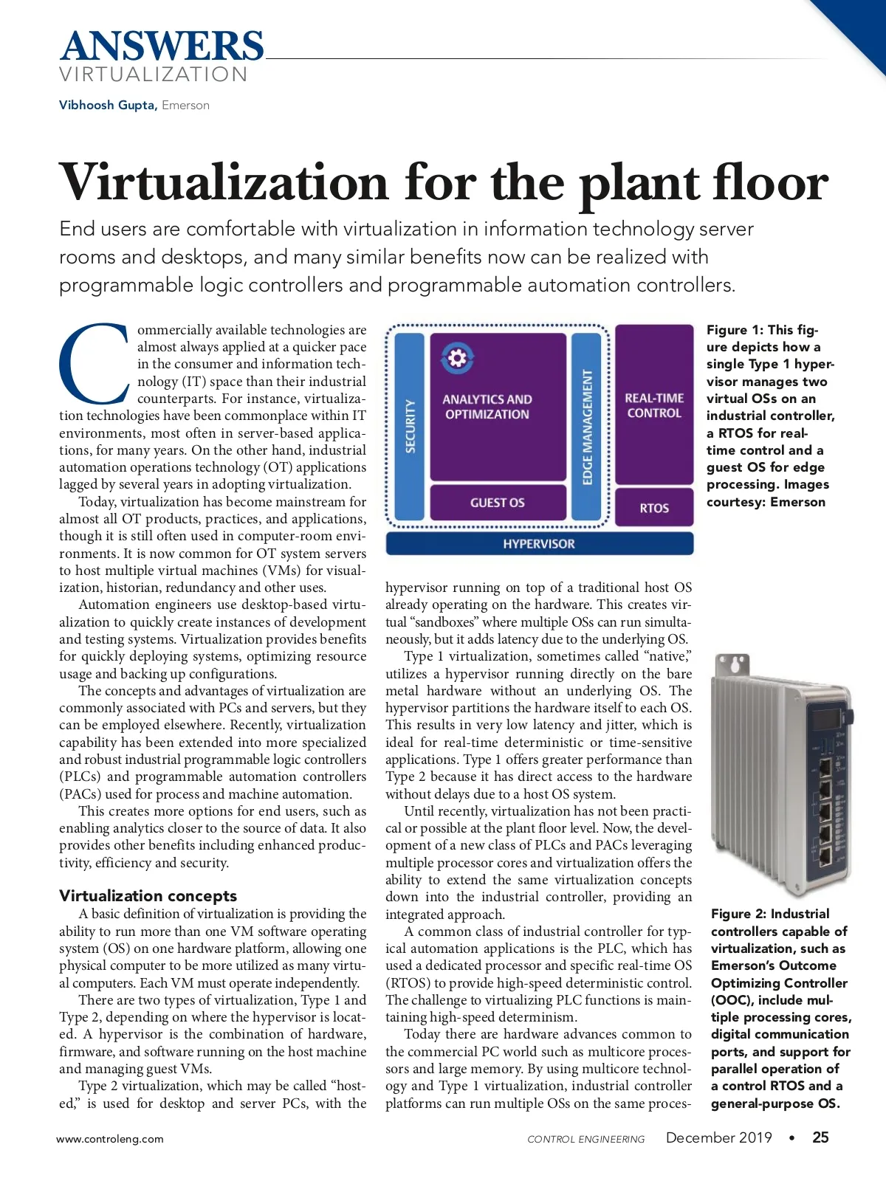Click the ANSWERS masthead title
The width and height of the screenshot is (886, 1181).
tap(162, 47)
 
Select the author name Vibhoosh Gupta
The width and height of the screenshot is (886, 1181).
tap(107, 105)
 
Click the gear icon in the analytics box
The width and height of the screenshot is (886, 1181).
tap(457, 359)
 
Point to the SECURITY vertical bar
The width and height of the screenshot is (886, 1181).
tap(410, 426)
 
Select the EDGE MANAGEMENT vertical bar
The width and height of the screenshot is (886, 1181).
tap(588, 426)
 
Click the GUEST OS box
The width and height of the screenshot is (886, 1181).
tap(498, 503)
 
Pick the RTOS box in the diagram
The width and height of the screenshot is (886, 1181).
tap(654, 508)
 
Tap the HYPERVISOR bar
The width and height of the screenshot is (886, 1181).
tap(539, 544)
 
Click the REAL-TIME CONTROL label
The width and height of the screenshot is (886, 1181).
tap(654, 405)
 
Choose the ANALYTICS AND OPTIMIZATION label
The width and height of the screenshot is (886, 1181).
tap(487, 407)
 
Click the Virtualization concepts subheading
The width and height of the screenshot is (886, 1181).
tap(148, 895)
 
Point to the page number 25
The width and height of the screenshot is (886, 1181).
tap(820, 1137)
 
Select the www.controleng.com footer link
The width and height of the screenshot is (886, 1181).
tap(110, 1139)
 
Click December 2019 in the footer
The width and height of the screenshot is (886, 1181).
tap(718, 1137)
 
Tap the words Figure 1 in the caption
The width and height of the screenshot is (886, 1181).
tap(734, 330)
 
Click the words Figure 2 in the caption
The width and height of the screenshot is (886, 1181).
tap(738, 914)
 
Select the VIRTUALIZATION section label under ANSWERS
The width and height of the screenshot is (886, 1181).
tap(154, 75)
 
